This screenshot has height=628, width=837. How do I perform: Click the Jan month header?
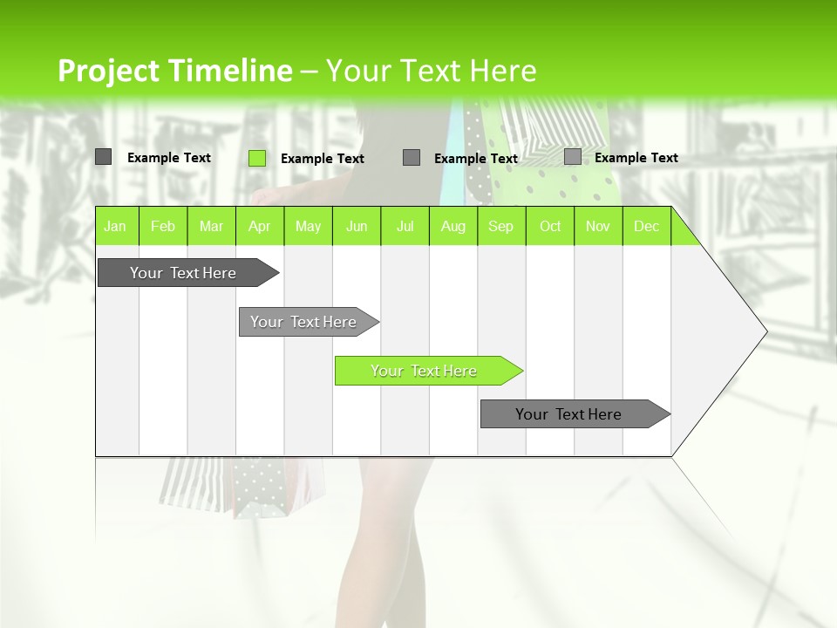point(115,227)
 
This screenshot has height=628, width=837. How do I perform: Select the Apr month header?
point(259,227)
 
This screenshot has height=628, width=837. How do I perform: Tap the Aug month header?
point(453,227)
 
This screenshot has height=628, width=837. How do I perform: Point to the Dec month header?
point(646,227)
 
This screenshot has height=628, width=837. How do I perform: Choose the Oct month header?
point(550,227)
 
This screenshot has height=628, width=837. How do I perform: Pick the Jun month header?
point(357,227)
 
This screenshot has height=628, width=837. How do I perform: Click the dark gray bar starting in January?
point(183,273)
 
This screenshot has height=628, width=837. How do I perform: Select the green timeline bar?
point(424,371)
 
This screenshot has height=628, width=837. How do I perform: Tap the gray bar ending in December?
point(568,414)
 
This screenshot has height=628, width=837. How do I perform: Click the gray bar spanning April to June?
point(303,322)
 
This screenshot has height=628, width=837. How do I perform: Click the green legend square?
point(257,158)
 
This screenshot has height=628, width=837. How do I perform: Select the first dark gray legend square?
point(104,157)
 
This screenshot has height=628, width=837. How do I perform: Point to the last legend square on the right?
point(573,157)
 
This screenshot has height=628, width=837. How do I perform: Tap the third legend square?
point(412,158)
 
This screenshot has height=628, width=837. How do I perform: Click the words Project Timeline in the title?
point(174,71)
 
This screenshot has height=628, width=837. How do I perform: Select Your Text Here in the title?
point(431,71)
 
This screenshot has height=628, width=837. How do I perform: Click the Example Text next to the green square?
point(323,159)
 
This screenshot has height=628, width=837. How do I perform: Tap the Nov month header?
point(598,227)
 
